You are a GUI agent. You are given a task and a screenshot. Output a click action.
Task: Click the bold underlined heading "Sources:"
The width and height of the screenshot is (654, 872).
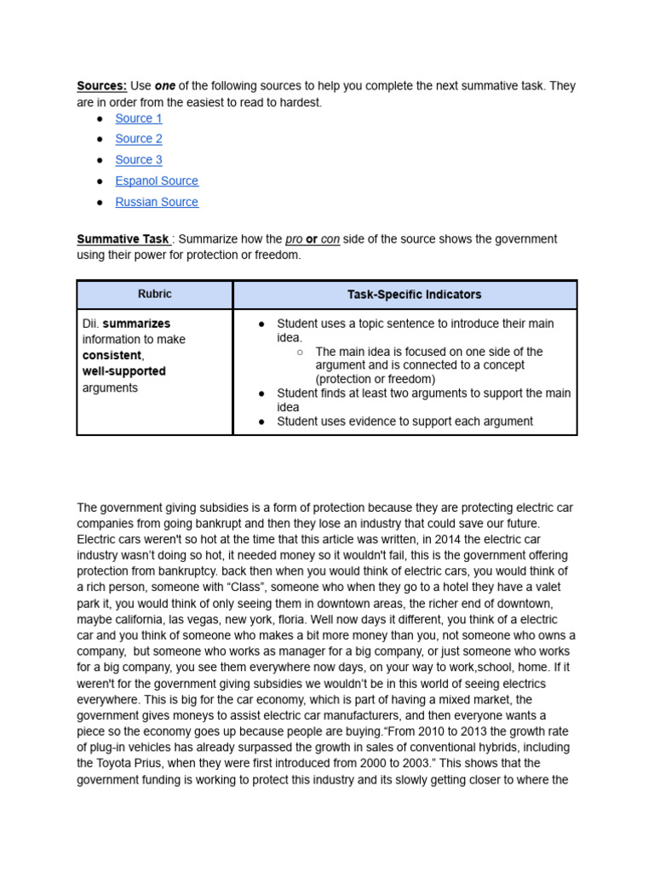click(x=101, y=86)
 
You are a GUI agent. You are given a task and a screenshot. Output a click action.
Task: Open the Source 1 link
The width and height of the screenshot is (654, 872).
click(x=138, y=118)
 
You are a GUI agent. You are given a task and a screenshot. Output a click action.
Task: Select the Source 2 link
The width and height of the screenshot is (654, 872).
click(x=138, y=139)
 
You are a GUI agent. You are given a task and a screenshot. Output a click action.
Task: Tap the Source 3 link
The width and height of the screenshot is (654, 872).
click(x=138, y=160)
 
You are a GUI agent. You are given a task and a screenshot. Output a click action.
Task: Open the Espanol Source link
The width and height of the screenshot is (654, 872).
click(x=157, y=181)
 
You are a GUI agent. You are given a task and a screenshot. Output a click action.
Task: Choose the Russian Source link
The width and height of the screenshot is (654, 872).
click(x=157, y=203)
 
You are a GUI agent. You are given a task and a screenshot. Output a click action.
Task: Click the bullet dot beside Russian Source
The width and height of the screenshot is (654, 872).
click(x=100, y=203)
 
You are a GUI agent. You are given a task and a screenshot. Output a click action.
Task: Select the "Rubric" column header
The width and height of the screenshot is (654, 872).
click(x=154, y=295)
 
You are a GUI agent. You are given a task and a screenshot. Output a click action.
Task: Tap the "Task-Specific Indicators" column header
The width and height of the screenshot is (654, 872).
click(x=414, y=295)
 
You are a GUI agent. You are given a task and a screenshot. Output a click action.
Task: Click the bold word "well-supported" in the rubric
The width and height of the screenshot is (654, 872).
click(x=123, y=371)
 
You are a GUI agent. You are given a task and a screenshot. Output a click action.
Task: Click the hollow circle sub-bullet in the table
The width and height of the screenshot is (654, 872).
click(x=300, y=352)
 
